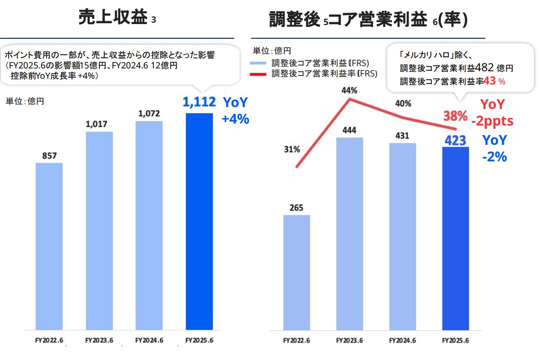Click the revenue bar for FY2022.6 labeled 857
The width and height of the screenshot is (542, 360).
[49, 245]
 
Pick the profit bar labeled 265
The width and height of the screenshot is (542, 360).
[297, 272]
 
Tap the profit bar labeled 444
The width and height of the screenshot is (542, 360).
[350, 234]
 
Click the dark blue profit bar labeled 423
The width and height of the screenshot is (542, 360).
[455, 238]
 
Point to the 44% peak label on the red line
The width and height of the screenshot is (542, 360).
[350, 91]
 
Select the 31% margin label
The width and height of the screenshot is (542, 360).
[292, 150]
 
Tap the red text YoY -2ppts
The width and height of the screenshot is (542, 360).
[492, 113]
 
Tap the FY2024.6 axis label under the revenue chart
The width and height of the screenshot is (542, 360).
[149, 340]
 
